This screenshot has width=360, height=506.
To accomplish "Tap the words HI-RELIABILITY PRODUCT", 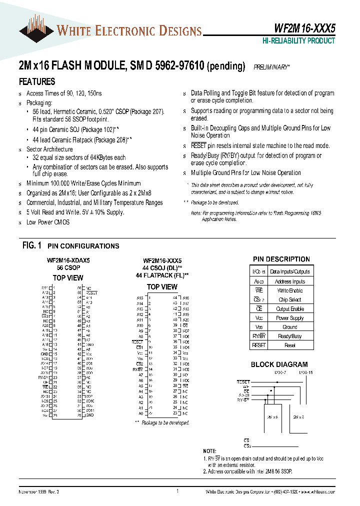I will (x=299, y=41).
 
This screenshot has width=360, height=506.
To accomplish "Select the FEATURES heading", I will (x=37, y=81).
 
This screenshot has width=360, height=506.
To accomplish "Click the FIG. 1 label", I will (x=32, y=245).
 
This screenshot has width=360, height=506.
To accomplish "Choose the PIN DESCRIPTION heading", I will (x=281, y=259).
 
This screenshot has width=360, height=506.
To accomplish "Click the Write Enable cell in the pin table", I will (x=290, y=290).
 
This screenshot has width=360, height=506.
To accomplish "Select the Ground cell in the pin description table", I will (x=290, y=327).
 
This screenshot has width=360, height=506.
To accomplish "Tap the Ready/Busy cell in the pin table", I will (x=290, y=336).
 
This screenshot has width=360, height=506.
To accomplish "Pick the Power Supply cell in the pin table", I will (x=290, y=318).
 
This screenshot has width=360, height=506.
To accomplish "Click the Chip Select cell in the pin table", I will (x=290, y=299).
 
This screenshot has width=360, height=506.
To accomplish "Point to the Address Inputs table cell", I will (x=290, y=281).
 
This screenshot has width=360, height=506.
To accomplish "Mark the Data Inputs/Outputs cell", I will (x=290, y=271).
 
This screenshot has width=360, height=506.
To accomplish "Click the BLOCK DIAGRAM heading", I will (x=279, y=364).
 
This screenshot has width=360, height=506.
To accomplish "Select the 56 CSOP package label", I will (x=68, y=268).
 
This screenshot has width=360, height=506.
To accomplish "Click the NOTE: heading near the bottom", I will (x=210, y=451).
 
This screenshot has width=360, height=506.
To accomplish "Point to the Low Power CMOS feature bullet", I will (x=48, y=222).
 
